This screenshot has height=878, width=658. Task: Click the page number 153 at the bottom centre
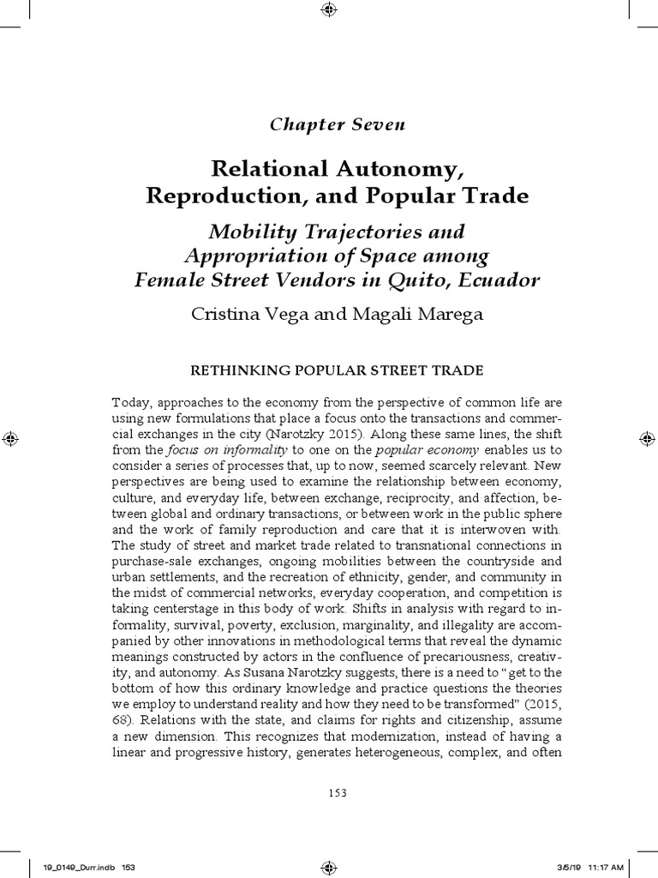point(337,793)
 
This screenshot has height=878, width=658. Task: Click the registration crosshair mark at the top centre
point(329,9)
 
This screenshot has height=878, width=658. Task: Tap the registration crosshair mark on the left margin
point(9,439)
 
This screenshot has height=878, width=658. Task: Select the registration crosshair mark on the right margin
point(649,439)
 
